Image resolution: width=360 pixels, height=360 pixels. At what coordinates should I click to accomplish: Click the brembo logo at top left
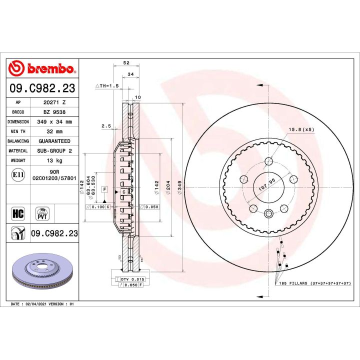click(x=42, y=68)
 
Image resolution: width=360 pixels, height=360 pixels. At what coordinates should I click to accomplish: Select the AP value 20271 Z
click(x=54, y=102)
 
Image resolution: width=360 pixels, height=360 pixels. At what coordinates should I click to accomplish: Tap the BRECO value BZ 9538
click(x=54, y=111)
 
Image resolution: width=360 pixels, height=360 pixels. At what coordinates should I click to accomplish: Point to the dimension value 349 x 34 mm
click(x=54, y=121)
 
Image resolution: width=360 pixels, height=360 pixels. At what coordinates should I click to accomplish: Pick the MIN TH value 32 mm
click(x=54, y=131)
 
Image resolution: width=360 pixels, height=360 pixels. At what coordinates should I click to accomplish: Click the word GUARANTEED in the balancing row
click(x=54, y=141)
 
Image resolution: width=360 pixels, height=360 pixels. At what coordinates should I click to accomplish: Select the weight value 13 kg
click(x=54, y=160)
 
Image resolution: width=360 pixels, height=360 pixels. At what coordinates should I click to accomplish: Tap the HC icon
click(x=17, y=214)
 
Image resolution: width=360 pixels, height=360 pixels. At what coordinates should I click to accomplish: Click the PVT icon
click(x=42, y=214)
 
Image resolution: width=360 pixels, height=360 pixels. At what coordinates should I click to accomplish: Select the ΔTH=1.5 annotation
click(x=106, y=86)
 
